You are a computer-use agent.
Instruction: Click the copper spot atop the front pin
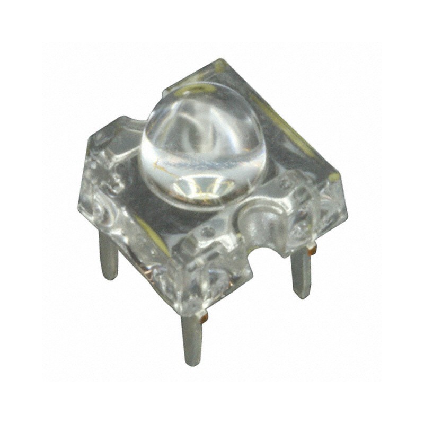coord(204,317)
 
